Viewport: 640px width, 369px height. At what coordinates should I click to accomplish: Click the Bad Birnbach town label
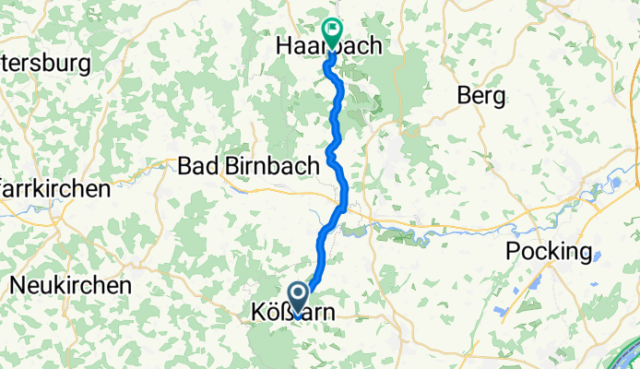pyautogui.click(x=248, y=166)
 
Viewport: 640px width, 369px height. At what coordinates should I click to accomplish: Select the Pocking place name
pyautogui.click(x=549, y=252)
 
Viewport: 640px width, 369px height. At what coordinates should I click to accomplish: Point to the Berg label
pyautogui.click(x=480, y=96)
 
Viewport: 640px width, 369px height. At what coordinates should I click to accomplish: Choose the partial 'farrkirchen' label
pyautogui.click(x=55, y=188)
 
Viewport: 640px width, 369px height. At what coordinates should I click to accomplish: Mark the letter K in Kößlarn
pyautogui.click(x=258, y=314)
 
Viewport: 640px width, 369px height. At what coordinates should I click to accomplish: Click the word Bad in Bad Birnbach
pyautogui.click(x=196, y=166)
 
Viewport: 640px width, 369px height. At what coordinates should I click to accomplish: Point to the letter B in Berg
pyautogui.click(x=465, y=96)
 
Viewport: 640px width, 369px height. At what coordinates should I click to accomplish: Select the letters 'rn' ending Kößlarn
pyautogui.click(x=322, y=314)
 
